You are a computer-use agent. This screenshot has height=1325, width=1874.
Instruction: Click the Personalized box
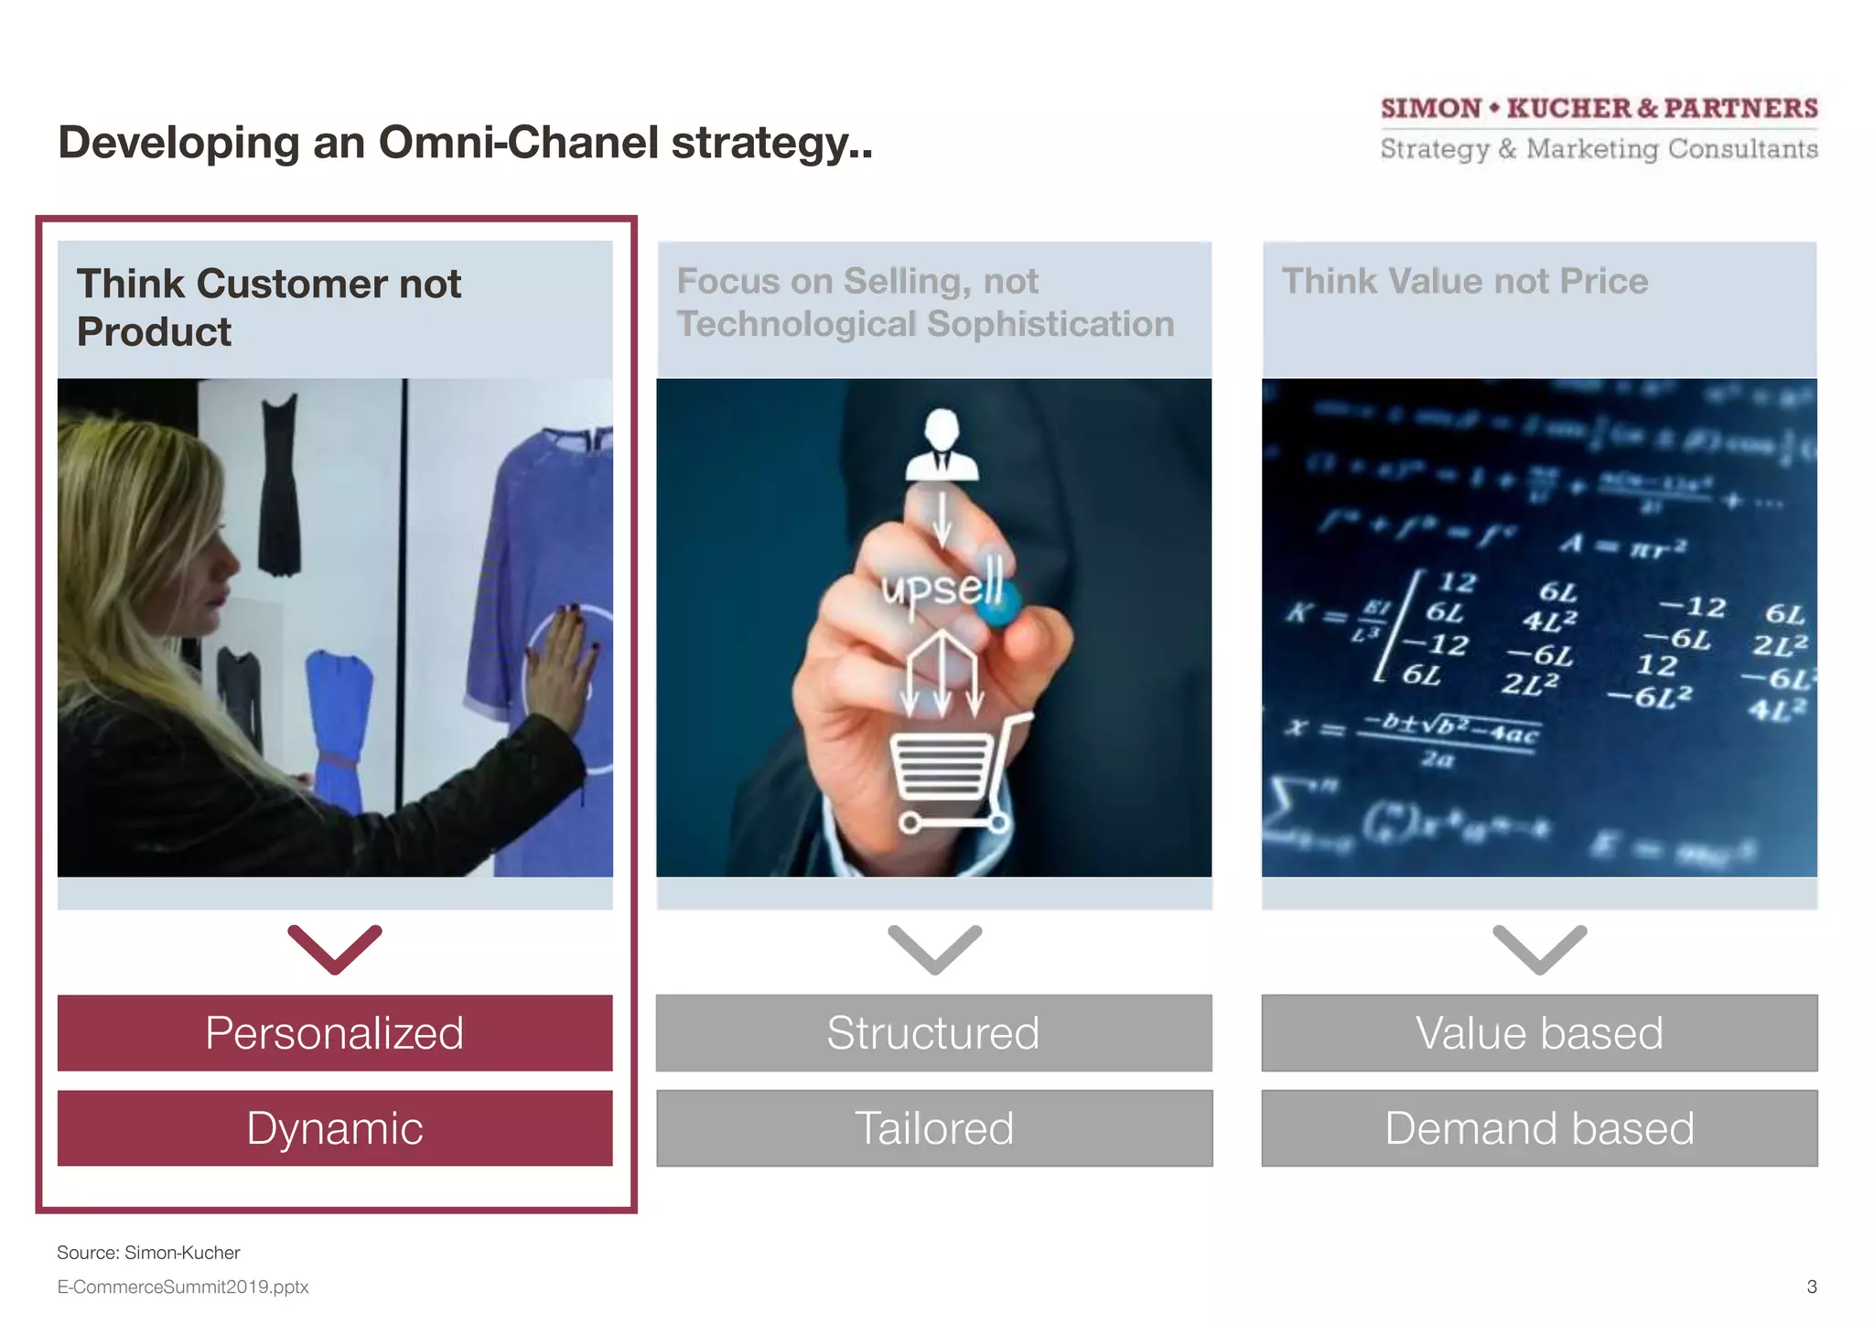click(335, 1033)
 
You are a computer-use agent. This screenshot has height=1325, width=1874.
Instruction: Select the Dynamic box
click(335, 1128)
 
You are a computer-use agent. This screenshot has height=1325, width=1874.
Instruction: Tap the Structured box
click(934, 1033)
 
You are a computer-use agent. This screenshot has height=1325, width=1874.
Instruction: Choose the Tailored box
click(934, 1128)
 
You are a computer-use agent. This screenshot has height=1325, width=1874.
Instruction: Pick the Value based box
click(1539, 1033)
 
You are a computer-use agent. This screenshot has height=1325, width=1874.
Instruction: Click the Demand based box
click(1539, 1128)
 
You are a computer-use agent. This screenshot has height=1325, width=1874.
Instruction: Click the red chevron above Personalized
click(335, 950)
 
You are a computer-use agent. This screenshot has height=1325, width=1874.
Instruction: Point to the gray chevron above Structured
click(934, 950)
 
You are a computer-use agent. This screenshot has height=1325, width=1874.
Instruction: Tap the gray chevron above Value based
click(1539, 950)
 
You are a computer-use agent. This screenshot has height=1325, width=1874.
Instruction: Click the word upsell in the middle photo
click(942, 586)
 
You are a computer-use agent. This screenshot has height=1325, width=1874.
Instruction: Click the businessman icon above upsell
click(942, 446)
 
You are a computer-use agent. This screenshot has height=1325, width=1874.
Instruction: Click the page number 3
click(1811, 1287)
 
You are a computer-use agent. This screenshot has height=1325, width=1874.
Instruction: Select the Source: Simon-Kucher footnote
click(148, 1253)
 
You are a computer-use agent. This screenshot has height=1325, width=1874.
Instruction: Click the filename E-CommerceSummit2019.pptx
click(183, 1287)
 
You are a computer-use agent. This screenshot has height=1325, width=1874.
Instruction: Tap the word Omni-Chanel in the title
click(519, 143)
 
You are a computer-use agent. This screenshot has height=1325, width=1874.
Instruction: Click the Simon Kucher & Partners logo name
click(1599, 108)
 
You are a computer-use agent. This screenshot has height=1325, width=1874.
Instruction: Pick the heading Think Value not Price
click(1464, 281)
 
